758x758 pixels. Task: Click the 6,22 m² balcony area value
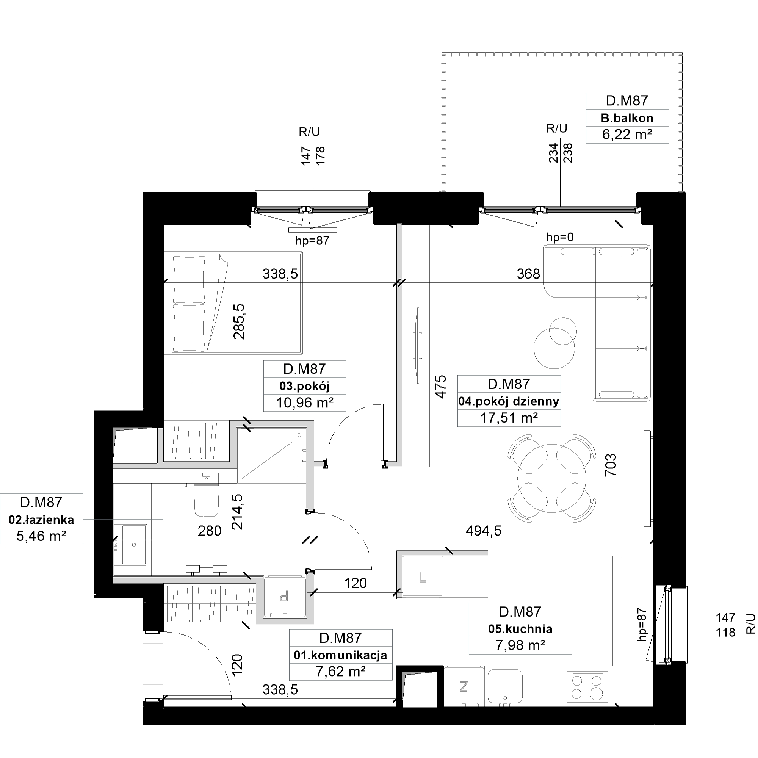(627, 135)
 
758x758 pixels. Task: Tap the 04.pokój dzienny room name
(509, 401)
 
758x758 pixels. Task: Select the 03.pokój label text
(304, 386)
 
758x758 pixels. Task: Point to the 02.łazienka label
(41, 520)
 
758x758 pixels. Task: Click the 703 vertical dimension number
(611, 465)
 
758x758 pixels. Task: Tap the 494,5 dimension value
(483, 531)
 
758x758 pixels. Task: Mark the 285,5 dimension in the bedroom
(239, 321)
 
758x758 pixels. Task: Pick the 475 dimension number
(441, 387)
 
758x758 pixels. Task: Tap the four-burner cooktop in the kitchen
(587, 686)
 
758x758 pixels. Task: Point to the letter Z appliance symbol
(464, 687)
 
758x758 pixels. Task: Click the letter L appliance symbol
(423, 577)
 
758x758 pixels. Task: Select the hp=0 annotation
(560, 237)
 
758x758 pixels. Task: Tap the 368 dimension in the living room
(528, 274)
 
